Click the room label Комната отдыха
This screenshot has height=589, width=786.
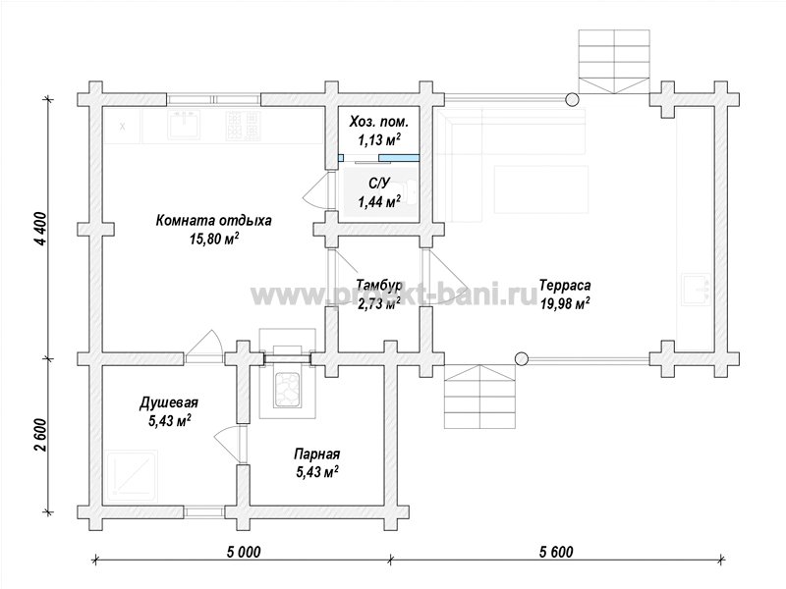(213, 221)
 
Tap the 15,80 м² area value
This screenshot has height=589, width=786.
(213, 239)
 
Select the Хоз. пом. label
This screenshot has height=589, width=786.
(379, 121)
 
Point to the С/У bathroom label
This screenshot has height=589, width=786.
(379, 184)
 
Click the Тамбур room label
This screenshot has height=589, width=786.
(379, 286)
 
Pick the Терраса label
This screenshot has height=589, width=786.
(565, 286)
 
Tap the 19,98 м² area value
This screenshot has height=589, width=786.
(565, 303)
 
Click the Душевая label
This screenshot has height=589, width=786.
(169, 402)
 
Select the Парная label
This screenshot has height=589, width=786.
(316, 454)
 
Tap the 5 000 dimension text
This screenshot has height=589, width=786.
(244, 552)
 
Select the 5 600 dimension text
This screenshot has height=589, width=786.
(556, 552)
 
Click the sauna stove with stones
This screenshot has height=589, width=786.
(287, 389)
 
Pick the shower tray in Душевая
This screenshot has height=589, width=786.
(133, 475)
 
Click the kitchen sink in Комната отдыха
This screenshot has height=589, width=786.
(184, 125)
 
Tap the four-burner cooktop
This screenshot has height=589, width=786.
(243, 125)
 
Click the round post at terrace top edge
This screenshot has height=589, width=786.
(572, 100)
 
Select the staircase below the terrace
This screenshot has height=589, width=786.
(480, 397)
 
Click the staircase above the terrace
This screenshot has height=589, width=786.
(614, 62)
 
